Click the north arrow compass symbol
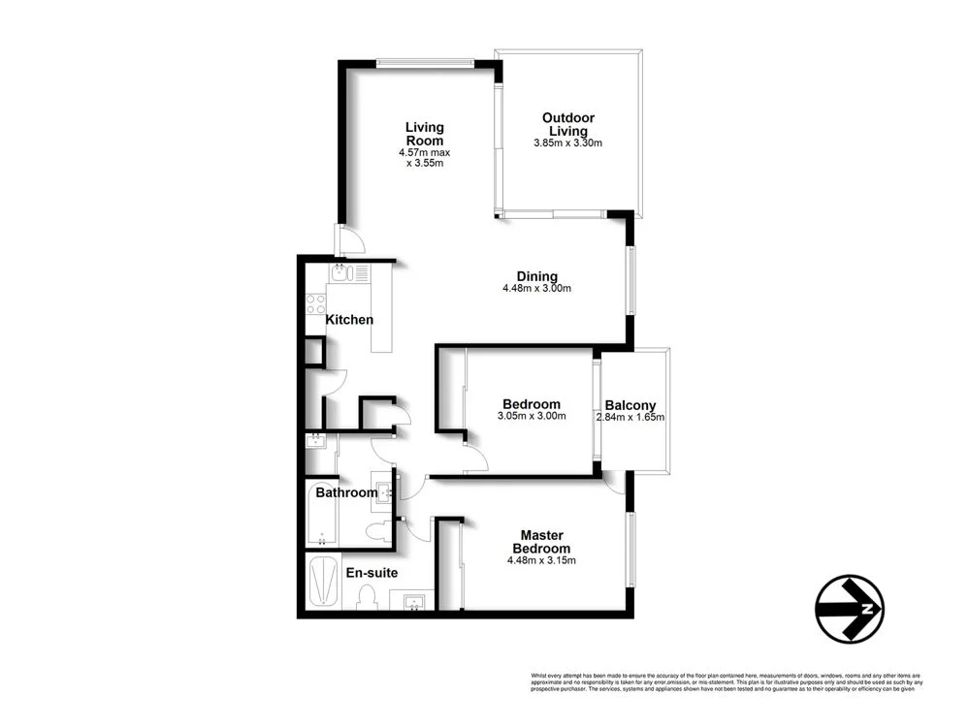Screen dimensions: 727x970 (x=849, y=609)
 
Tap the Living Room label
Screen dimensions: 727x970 (x=424, y=134)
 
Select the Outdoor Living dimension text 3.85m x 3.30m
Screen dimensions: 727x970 (x=568, y=144)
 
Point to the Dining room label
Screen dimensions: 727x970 (x=536, y=274)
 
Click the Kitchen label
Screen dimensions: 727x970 (x=349, y=320)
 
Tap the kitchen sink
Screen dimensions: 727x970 (x=340, y=273)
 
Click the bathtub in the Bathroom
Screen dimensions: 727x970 (x=320, y=514)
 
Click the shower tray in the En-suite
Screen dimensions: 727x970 (x=321, y=581)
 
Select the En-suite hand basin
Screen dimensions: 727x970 (x=414, y=602)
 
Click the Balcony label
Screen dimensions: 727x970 (x=630, y=405)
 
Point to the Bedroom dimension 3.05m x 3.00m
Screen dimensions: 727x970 (x=532, y=417)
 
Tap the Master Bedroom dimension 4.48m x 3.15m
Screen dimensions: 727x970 (x=542, y=560)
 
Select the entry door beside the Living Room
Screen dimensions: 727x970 (x=349, y=239)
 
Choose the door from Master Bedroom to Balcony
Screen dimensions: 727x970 (x=614, y=483)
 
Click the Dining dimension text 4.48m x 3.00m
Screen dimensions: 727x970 (x=536, y=288)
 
